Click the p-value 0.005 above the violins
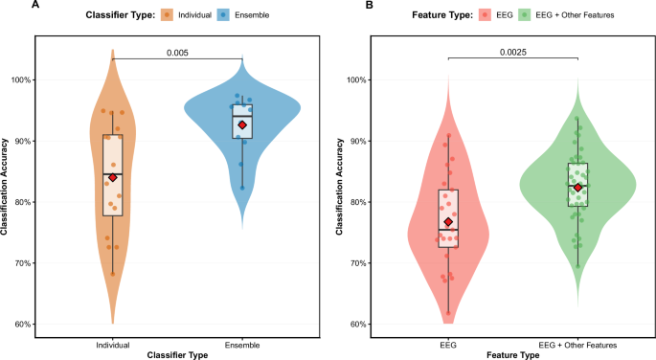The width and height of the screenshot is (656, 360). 176,52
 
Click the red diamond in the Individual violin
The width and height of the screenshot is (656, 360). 113,177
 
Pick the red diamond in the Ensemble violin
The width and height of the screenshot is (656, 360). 242,124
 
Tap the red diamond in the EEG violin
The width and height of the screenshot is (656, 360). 448,222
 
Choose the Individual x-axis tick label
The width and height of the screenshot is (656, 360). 113,342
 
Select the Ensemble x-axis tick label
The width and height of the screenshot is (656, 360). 242,342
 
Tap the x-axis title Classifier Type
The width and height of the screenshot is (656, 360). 177,353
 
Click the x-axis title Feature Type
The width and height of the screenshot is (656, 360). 512,353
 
